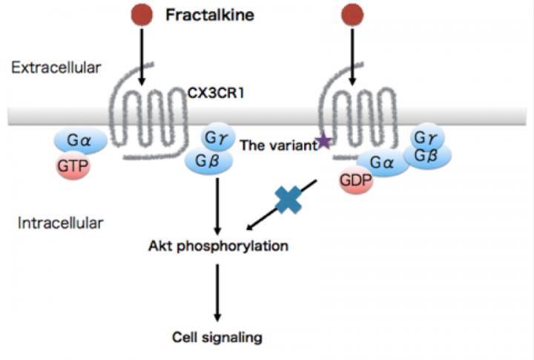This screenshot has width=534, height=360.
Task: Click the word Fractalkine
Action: [210, 15]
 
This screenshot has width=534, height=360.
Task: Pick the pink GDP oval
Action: [358, 182]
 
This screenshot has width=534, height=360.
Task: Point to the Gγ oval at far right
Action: [426, 137]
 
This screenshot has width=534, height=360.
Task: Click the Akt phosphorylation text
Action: [217, 246]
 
